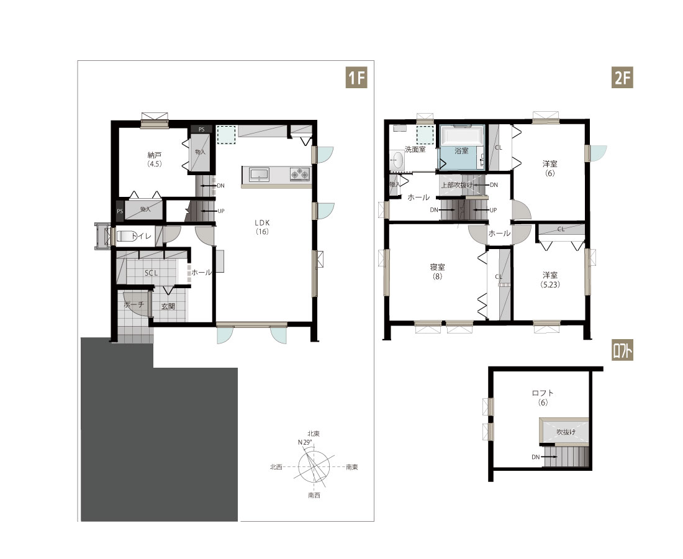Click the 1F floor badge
click(x=356, y=78)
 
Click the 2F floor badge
click(x=622, y=78)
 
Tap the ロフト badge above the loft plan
click(x=622, y=351)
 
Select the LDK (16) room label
click(x=262, y=227)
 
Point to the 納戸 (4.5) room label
click(x=155, y=160)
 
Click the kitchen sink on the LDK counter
click(x=259, y=175)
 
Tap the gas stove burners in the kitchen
click(x=300, y=175)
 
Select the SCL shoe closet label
click(x=151, y=273)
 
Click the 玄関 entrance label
click(x=168, y=306)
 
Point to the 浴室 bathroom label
click(x=461, y=151)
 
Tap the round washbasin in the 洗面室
click(x=397, y=160)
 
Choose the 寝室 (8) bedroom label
click(x=437, y=271)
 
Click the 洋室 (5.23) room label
click(x=550, y=279)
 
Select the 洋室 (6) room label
click(x=550, y=168)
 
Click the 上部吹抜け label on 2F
click(x=456, y=185)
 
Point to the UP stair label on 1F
click(x=221, y=211)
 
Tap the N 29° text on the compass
click(x=305, y=442)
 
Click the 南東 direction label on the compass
click(x=352, y=467)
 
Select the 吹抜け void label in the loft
click(x=566, y=432)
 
